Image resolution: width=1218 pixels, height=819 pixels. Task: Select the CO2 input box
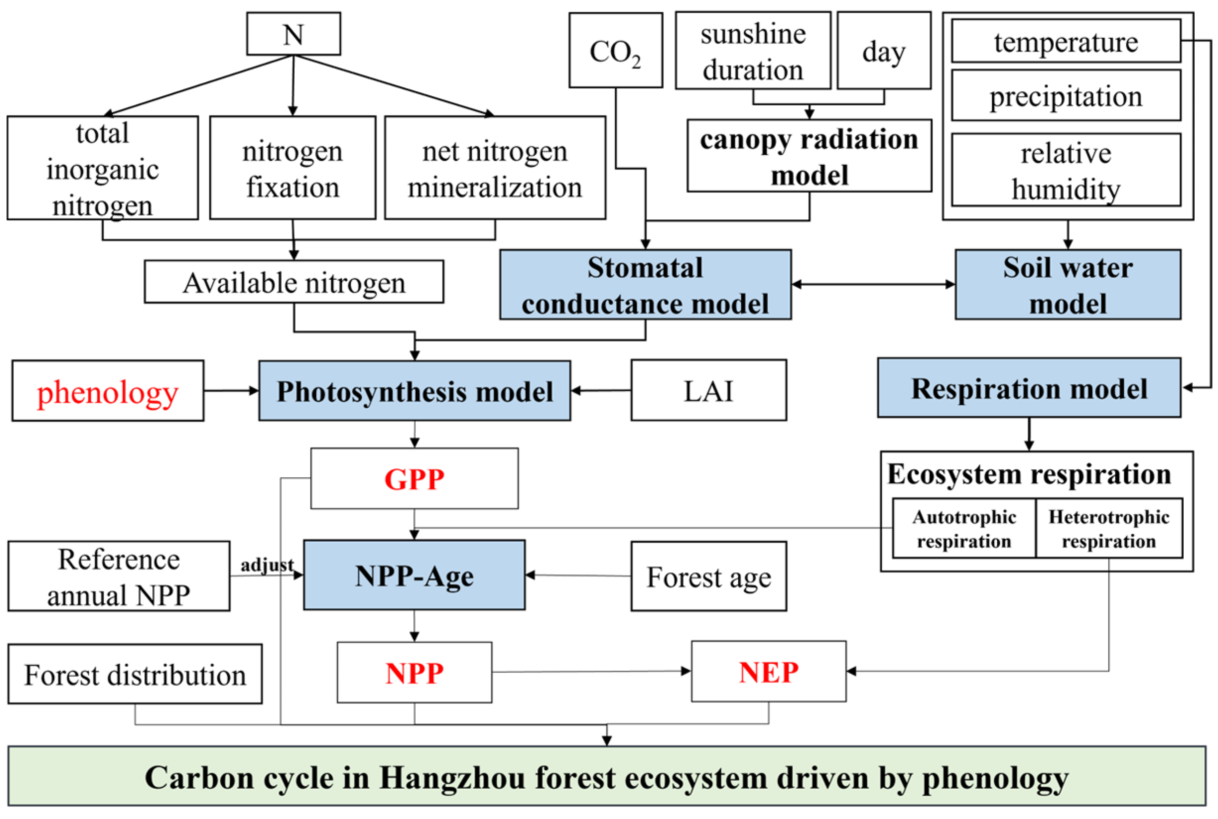coord(615,51)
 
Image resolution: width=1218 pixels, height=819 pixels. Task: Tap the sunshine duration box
coord(753,51)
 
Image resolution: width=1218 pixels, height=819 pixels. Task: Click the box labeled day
coord(884,51)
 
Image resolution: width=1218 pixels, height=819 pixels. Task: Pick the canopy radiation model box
coord(809,156)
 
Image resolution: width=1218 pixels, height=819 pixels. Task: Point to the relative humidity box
coord(1066,170)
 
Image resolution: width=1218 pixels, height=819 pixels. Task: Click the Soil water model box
coord(1068,285)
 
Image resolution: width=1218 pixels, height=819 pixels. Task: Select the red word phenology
coord(108,392)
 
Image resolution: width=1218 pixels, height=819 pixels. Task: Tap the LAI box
coord(708,391)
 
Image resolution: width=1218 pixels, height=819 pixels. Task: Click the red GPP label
coord(414,479)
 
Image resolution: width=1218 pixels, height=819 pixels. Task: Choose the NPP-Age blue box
coord(414,575)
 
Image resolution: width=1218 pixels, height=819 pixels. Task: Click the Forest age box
coord(708,576)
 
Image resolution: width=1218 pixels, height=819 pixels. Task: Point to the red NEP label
coord(769,672)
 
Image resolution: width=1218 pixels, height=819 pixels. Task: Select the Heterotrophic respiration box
coord(1108,529)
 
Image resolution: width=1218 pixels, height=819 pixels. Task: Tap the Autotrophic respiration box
coord(963,529)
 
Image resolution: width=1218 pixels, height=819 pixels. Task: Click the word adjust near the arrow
coord(267,565)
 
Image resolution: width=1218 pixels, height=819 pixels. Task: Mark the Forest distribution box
coord(135,674)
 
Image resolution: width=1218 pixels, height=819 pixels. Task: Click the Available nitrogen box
coord(294,283)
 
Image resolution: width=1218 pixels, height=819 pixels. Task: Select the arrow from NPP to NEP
coord(590,672)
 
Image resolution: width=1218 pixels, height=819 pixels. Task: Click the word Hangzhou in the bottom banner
coord(451,778)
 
